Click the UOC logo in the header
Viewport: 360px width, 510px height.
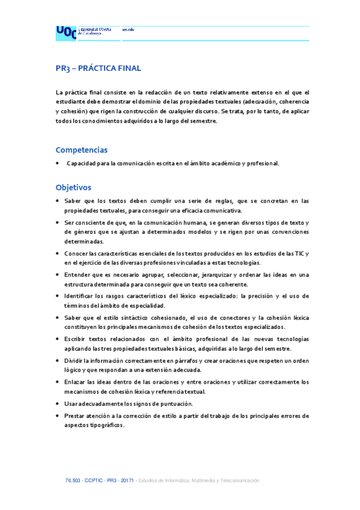(66, 32)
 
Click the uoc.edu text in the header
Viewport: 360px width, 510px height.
(127, 29)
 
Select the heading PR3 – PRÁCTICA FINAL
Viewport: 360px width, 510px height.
(98, 68)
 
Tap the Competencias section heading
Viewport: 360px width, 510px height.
(82, 150)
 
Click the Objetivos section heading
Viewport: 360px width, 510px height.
(73, 187)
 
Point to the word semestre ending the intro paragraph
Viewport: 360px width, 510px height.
(201, 121)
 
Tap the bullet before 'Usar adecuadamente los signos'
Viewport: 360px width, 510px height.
(57, 403)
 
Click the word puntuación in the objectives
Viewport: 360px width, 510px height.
(174, 403)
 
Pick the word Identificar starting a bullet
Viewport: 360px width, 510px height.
(80, 296)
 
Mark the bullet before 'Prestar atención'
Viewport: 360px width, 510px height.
(57, 416)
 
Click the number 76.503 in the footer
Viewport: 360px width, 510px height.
(73, 481)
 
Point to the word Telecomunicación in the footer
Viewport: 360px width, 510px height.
(238, 481)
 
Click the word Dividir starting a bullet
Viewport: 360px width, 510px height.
(75, 360)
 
